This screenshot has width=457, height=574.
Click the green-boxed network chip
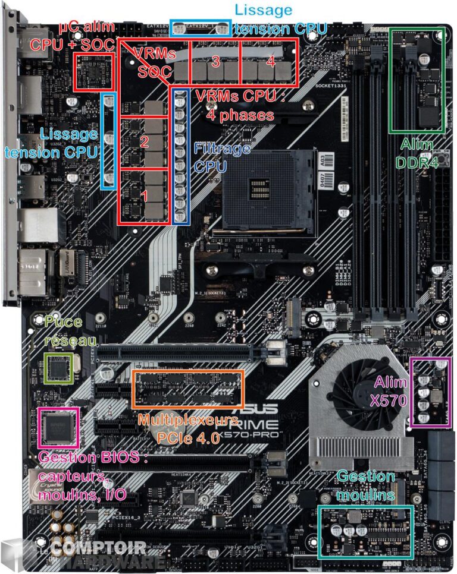click(x=60, y=368)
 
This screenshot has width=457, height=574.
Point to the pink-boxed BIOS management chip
click(x=58, y=427)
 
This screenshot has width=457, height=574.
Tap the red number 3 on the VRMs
click(x=215, y=61)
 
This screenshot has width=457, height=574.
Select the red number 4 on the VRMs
click(x=270, y=61)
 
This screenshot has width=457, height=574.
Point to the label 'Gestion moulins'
click(x=365, y=485)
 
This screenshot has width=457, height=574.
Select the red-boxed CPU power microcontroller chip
click(x=93, y=71)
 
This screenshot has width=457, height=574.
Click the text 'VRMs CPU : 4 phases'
click(x=240, y=105)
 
